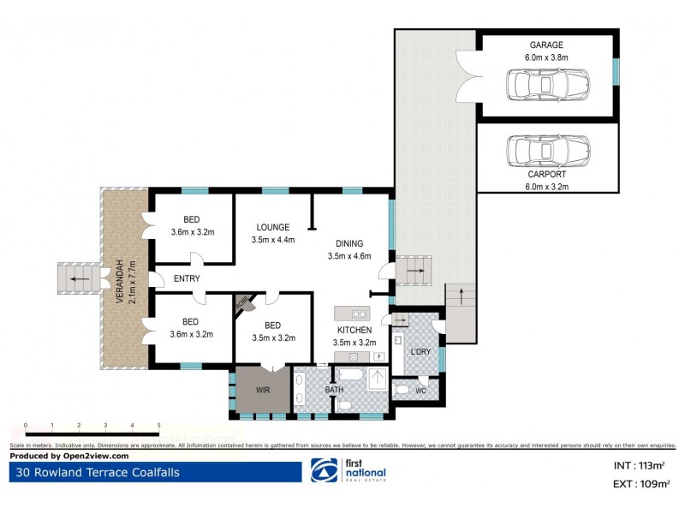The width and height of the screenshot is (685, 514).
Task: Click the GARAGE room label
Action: click(546, 45)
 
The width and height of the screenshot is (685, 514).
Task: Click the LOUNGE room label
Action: click(273, 227)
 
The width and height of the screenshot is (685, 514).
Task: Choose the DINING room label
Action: click(349, 243)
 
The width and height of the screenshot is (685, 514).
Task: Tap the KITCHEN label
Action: click(354, 330)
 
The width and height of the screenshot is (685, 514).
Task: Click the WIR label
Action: click(263, 391)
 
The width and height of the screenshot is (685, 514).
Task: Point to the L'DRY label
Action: click(420, 352)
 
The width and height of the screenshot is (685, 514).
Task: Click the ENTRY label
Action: click(187, 278)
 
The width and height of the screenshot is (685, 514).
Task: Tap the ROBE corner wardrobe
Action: click(243, 302)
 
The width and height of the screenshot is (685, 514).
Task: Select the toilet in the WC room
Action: click(403, 389)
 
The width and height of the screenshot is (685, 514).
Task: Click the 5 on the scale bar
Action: click(158, 426)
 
